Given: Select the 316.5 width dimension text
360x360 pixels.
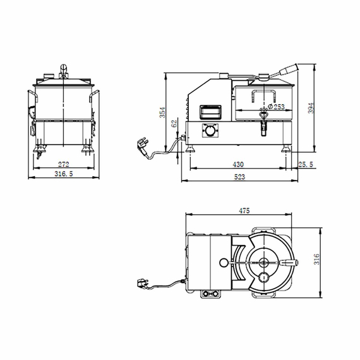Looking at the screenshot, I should click(63, 175).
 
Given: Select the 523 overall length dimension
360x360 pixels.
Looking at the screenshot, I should click(239, 177).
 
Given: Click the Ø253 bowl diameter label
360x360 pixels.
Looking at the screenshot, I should click(275, 107).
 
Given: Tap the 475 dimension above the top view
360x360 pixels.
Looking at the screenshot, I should click(254, 212).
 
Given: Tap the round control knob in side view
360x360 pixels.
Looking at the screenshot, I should click(207, 130).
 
